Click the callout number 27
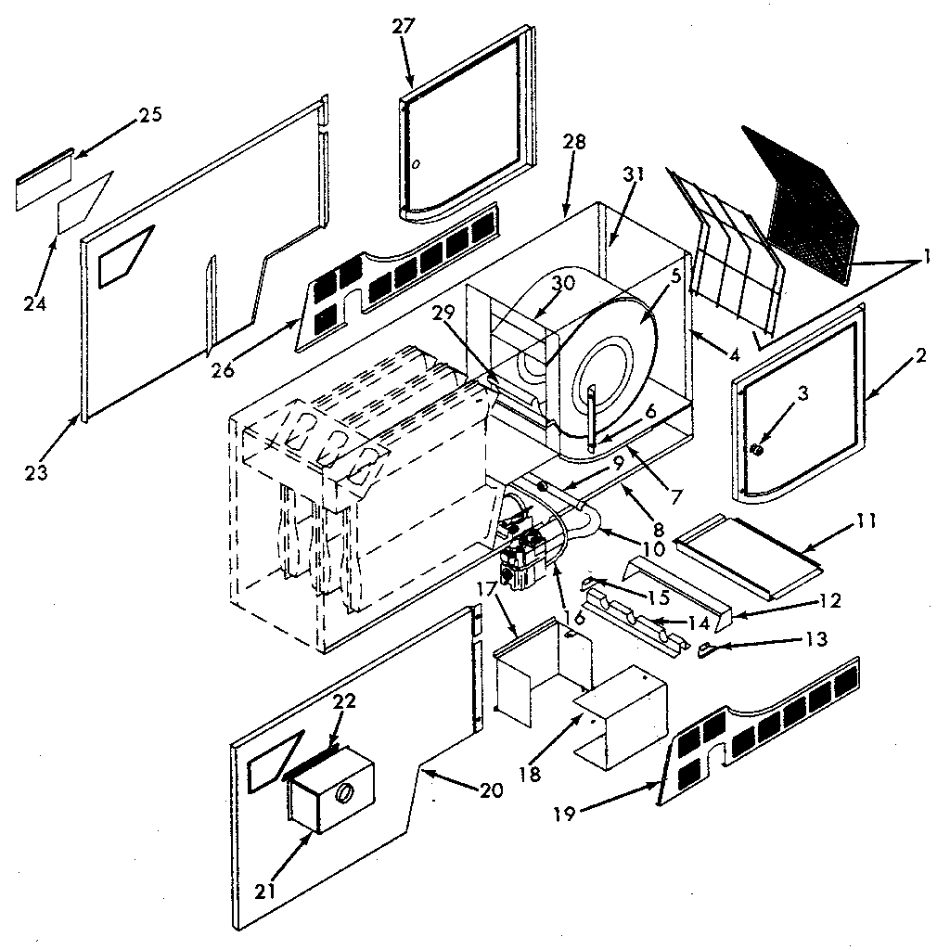point(404,26)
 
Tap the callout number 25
point(149,115)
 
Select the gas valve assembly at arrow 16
point(524,557)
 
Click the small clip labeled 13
point(707,648)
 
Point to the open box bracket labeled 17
point(538,673)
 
